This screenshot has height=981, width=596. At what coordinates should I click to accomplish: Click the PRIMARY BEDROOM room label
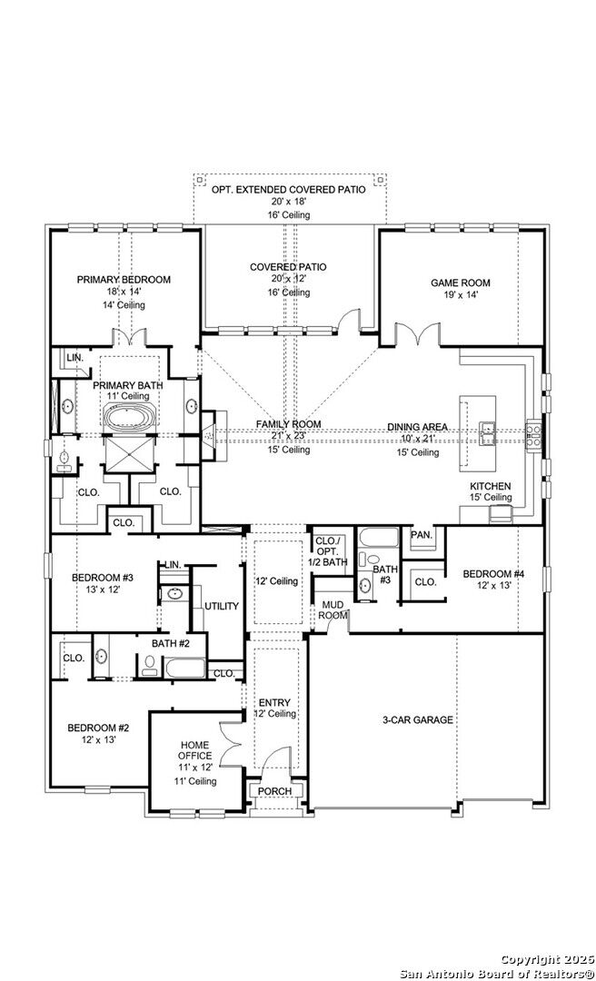click(x=124, y=280)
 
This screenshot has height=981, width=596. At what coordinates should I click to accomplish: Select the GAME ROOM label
click(x=460, y=282)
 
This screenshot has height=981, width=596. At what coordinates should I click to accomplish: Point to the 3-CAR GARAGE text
click(x=417, y=720)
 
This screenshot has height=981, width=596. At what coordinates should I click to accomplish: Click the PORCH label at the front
click(x=274, y=791)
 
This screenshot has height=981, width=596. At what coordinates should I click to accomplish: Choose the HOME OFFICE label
click(x=194, y=750)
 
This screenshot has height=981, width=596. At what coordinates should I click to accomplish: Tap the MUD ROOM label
click(x=333, y=609)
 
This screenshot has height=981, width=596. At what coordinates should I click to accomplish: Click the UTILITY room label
click(x=221, y=605)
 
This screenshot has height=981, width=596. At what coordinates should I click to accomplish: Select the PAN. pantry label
click(x=421, y=535)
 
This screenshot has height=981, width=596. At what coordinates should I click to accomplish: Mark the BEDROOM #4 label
click(x=493, y=573)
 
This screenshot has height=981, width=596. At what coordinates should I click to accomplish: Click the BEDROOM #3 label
click(x=103, y=577)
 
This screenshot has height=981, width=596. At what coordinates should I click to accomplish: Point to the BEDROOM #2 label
click(x=98, y=728)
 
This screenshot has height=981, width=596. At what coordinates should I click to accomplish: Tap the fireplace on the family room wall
click(x=208, y=437)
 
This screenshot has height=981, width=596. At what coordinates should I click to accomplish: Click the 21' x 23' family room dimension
click(x=288, y=437)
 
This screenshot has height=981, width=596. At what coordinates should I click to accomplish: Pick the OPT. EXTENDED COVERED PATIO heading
click(x=288, y=190)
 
